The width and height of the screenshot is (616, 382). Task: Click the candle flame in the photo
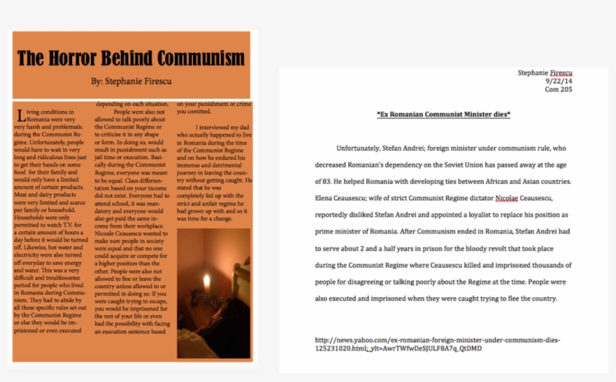tap(207, 281)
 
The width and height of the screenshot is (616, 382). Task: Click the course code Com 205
tap(558, 89)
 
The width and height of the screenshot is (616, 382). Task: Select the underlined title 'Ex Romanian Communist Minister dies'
tap(443, 114)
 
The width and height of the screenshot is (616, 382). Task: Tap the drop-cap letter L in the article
tap(20, 115)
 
